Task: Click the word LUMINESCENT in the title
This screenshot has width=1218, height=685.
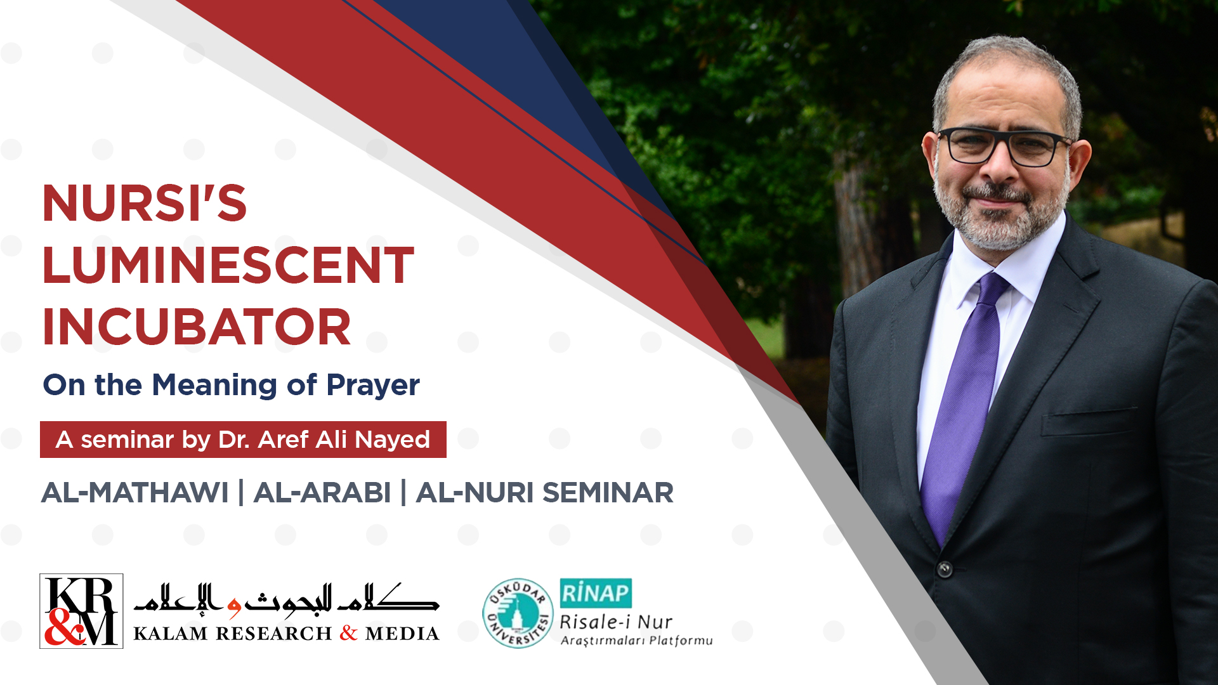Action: (228, 265)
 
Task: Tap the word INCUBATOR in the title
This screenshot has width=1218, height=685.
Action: (197, 327)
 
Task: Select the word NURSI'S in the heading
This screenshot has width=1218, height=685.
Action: (145, 203)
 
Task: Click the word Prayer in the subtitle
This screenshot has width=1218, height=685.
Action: (373, 386)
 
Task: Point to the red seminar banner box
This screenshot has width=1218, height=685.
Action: (243, 440)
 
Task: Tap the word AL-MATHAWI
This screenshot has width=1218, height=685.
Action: (135, 493)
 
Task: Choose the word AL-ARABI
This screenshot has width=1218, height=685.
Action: (322, 493)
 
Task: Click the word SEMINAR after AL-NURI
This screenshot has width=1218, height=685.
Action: (608, 493)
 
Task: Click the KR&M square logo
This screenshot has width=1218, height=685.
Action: (81, 611)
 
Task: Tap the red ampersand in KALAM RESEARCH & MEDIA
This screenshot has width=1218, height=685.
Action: (348, 633)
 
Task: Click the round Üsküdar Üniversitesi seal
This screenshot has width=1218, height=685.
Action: (518, 613)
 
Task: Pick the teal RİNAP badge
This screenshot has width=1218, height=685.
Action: (596, 593)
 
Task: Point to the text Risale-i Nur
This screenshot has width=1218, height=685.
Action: (615, 622)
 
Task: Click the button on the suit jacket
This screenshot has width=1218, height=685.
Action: (945, 569)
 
